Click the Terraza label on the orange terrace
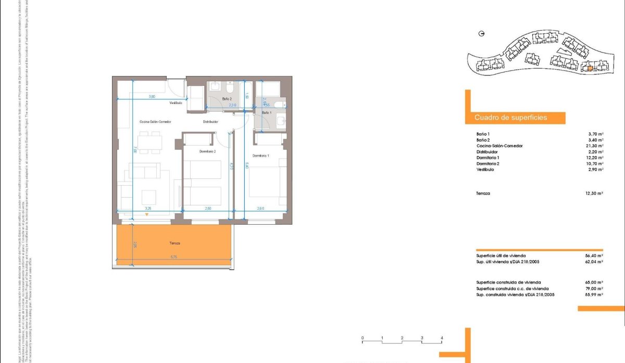point(174,243)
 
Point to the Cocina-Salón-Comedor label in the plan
point(155,122)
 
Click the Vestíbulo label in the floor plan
point(176,103)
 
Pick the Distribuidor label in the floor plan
point(210,122)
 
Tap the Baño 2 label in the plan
point(227,98)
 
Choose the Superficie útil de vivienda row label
point(501,256)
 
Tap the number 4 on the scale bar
point(442,338)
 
